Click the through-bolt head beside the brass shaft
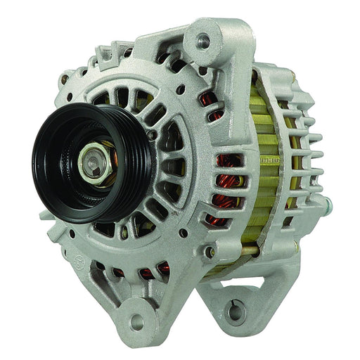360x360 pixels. click(209, 251)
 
